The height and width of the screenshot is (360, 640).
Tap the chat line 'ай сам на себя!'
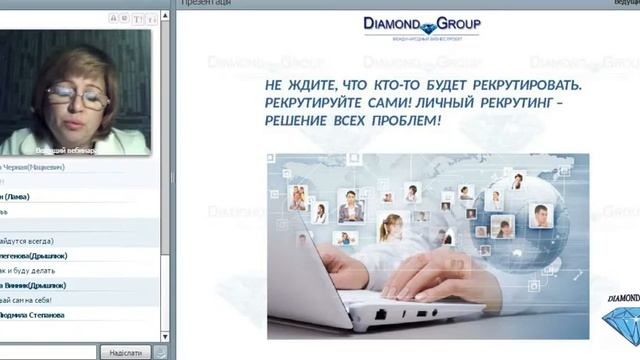26,299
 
